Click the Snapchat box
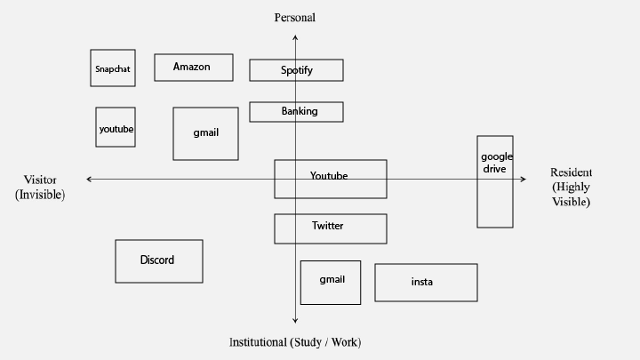point(113,68)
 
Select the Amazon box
point(194,68)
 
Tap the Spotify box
point(296,70)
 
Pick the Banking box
point(296,112)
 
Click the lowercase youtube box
point(116,127)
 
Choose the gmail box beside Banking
point(205,134)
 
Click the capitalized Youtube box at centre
point(331,180)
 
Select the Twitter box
point(331,229)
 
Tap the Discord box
point(159,261)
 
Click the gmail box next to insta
point(331,283)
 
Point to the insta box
point(426,283)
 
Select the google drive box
point(495,181)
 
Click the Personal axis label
point(295,18)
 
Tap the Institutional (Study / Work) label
point(295,342)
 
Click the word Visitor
point(40,180)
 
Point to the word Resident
point(571,172)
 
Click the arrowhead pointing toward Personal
point(295,37)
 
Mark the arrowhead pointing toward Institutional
point(295,321)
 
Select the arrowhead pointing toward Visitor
point(89,179)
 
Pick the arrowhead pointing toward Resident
point(524,179)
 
